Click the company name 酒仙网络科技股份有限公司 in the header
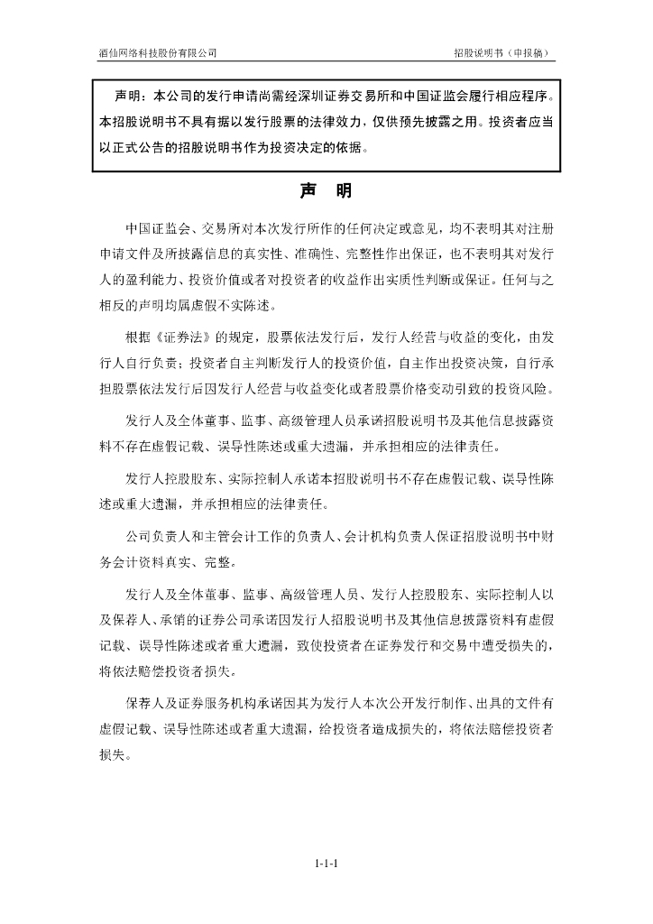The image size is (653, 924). pyautogui.click(x=158, y=53)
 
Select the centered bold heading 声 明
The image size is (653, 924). pyautogui.click(x=326, y=191)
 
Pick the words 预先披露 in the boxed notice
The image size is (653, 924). pyautogui.click(x=426, y=121)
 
